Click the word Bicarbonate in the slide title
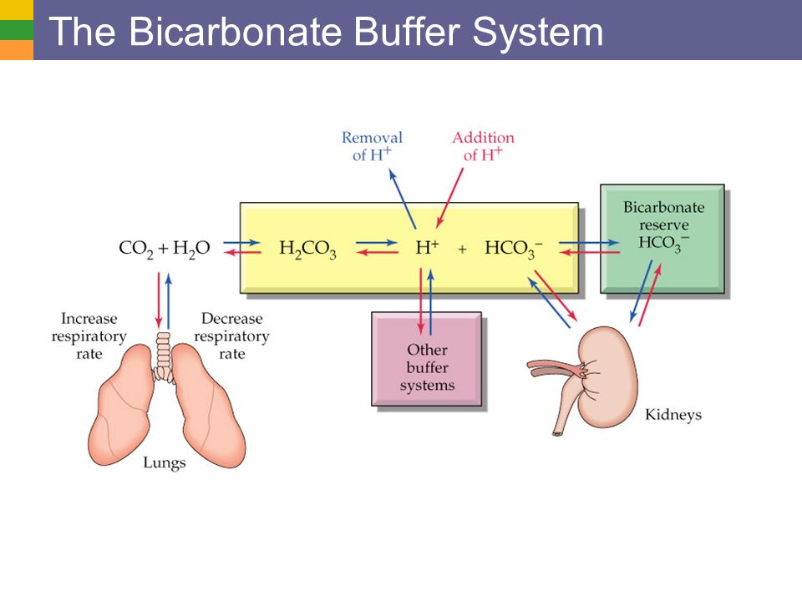click(236, 32)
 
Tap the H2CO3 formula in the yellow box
click(308, 250)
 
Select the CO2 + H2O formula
click(165, 249)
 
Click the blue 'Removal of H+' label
click(372, 146)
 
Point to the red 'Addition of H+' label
click(483, 146)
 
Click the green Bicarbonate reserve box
click(662, 239)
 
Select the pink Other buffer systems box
click(427, 359)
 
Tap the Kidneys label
click(673, 415)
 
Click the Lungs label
click(165, 462)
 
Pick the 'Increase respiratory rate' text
click(89, 336)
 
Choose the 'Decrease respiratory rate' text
click(231, 336)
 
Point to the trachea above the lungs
click(163, 356)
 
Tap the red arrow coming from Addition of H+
click(449, 198)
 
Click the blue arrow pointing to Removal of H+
click(403, 199)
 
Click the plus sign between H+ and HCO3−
click(462, 250)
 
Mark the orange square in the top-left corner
click(17, 50)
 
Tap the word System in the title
click(537, 33)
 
